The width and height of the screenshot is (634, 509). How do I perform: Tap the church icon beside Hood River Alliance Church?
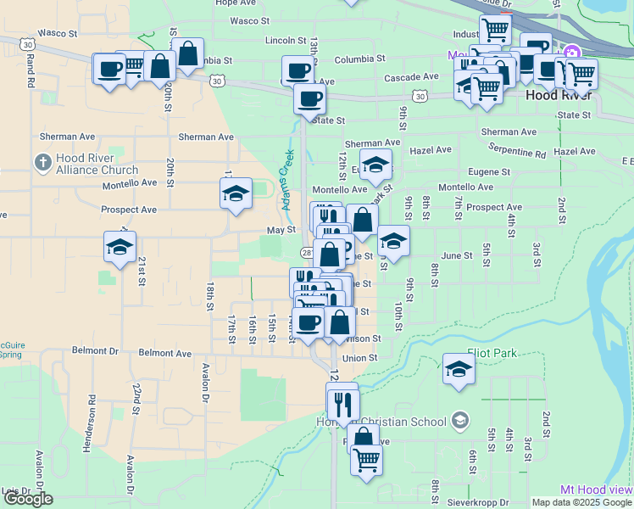(42, 160)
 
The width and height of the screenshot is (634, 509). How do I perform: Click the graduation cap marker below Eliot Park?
(459, 370)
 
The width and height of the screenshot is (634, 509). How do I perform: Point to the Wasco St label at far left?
(58, 33)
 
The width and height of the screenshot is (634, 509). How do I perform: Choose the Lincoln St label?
(285, 40)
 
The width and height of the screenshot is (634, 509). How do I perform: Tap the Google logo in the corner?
(28, 500)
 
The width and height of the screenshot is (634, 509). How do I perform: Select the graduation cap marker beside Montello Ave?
(236, 193)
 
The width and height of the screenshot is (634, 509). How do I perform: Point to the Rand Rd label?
(30, 73)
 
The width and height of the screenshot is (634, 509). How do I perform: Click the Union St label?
(359, 358)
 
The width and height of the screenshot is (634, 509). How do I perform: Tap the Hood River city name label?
(553, 95)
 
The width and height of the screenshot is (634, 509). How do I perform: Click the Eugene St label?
(489, 171)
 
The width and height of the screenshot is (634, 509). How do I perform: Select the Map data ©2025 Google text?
(581, 502)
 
